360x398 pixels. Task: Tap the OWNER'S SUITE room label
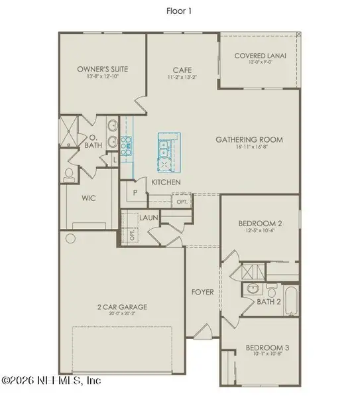pos(102,69)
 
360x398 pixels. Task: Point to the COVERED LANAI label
pos(260,56)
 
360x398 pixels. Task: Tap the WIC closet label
pos(90,198)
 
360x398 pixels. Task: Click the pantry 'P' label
pos(135,193)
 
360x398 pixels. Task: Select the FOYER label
pos(202,292)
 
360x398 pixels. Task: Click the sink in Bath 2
pos(253,289)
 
